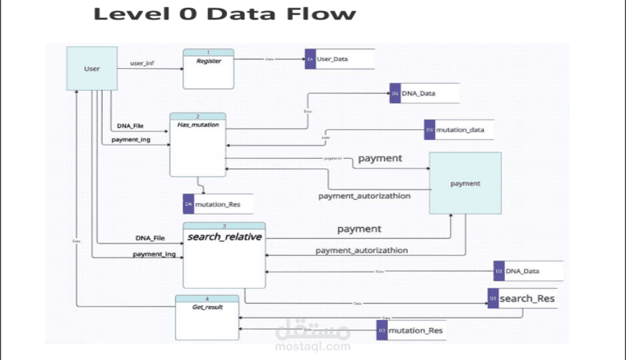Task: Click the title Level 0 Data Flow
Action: (225, 14)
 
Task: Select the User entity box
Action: (91, 69)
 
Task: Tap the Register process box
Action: (209, 70)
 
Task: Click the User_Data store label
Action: (333, 59)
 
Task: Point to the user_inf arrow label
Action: (142, 62)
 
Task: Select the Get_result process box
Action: (207, 317)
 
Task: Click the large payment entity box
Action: (465, 182)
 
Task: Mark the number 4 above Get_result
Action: (207, 298)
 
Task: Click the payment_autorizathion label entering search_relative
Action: (362, 250)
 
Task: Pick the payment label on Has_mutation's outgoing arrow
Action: (380, 158)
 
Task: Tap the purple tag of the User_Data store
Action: (310, 59)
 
